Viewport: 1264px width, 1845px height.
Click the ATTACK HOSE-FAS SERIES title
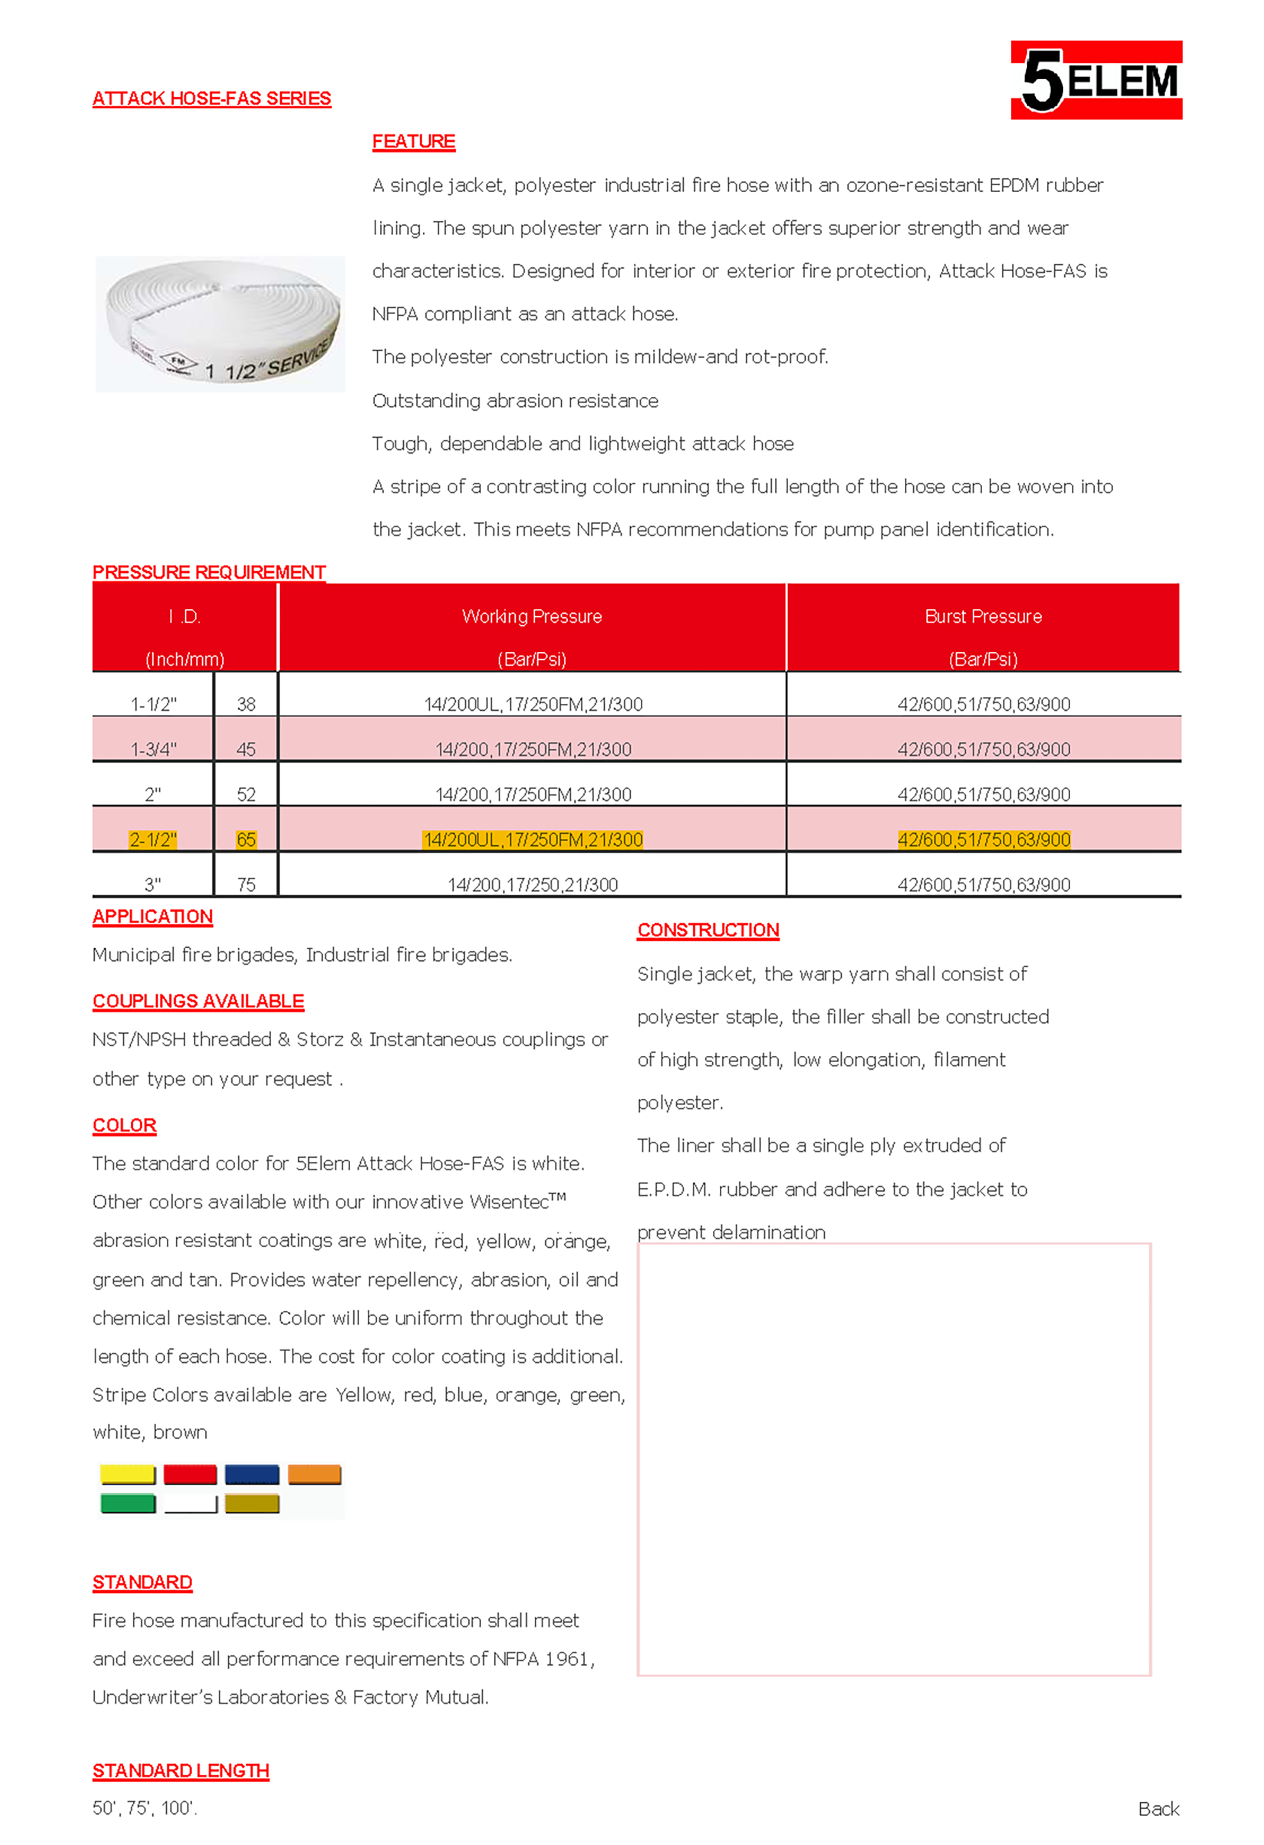[x=211, y=99]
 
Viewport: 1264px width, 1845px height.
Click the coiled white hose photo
[x=220, y=324]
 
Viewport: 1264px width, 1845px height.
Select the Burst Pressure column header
[x=982, y=617]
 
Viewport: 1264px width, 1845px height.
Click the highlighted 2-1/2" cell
[x=152, y=839]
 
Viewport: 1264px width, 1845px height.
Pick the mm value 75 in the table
[x=246, y=885]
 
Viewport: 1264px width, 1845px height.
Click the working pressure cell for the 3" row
[x=532, y=885]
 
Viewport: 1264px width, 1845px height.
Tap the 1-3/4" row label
[x=153, y=749]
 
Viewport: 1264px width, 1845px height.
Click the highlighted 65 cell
[x=246, y=839]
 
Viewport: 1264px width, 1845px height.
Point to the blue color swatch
[x=252, y=1474]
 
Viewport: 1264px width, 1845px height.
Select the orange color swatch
[x=314, y=1474]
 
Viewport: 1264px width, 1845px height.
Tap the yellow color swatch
[x=127, y=1474]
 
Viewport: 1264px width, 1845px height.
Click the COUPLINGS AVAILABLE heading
[x=198, y=1001]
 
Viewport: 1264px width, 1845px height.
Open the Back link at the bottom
[x=1158, y=1808]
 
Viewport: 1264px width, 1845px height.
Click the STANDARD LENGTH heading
[x=180, y=1770]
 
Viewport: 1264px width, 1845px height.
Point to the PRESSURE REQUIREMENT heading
[x=209, y=572]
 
